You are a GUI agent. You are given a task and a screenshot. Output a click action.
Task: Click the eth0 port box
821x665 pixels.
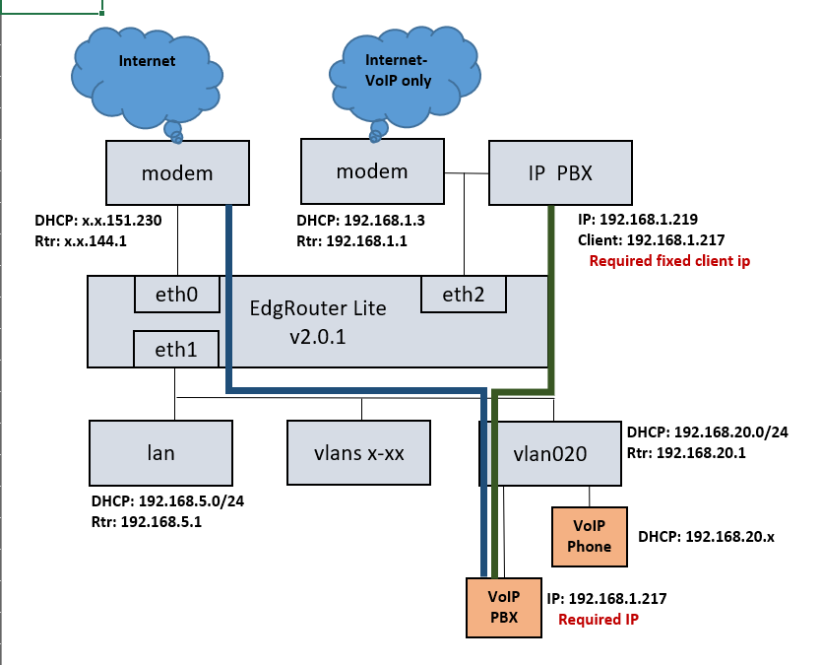pyautogui.click(x=177, y=294)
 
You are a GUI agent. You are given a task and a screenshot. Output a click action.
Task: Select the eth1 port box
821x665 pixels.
pyautogui.click(x=176, y=349)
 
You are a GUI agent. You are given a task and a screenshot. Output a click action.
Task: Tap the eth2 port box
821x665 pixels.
pyautogui.click(x=464, y=294)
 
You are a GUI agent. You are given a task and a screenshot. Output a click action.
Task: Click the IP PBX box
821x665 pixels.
pyautogui.click(x=560, y=172)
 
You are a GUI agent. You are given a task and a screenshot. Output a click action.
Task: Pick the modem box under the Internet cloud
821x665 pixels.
pyautogui.click(x=177, y=172)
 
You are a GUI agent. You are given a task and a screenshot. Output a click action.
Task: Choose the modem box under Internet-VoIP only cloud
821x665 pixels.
pyautogui.click(x=372, y=171)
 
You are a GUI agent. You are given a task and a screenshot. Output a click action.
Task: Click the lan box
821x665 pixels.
pyautogui.click(x=160, y=453)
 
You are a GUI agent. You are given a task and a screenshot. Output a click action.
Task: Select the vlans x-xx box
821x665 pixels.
pyautogui.click(x=358, y=453)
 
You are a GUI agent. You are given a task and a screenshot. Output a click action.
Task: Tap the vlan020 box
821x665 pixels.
pyautogui.click(x=550, y=454)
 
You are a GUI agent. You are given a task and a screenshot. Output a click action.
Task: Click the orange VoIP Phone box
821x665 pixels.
pyautogui.click(x=590, y=537)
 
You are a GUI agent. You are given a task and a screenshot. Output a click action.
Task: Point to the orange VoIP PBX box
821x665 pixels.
pyautogui.click(x=504, y=607)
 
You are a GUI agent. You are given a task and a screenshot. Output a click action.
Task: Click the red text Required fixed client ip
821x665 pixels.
pyautogui.click(x=669, y=260)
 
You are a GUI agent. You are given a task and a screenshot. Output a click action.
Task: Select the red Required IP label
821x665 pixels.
pyautogui.click(x=599, y=619)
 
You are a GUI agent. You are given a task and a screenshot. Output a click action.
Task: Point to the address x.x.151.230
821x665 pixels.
pyautogui.click(x=121, y=220)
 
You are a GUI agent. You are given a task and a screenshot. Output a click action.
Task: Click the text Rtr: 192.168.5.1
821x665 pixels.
pyautogui.click(x=147, y=521)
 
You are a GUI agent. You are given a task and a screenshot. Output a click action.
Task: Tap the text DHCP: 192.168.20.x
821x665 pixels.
pyautogui.click(x=707, y=536)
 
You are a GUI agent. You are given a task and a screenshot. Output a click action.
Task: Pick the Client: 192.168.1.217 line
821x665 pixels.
pyautogui.click(x=652, y=239)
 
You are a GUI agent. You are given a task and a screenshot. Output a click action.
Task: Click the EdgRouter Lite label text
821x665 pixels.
pyautogui.click(x=318, y=307)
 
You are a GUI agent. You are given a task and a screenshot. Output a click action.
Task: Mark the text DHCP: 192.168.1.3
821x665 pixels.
pyautogui.click(x=360, y=220)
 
